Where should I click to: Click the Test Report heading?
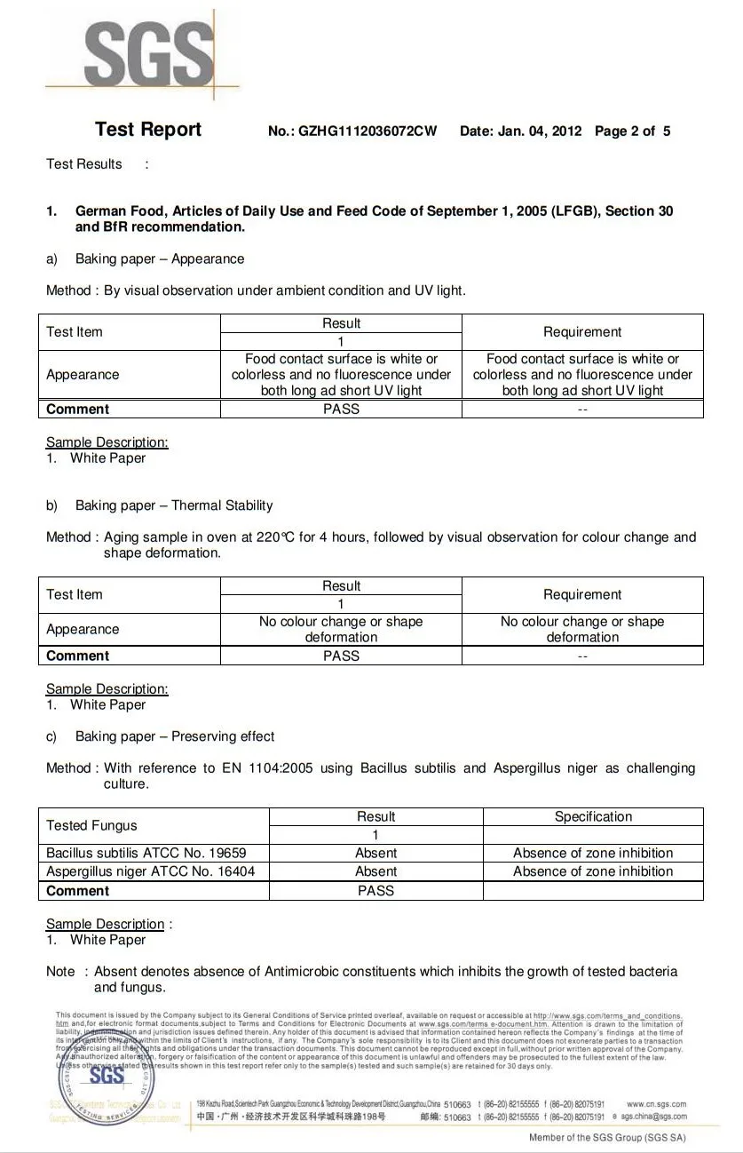point(148,130)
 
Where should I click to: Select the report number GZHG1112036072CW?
point(368,131)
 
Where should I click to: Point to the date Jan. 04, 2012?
point(540,131)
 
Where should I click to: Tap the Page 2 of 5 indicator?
point(633,131)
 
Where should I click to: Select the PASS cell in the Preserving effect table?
point(375,890)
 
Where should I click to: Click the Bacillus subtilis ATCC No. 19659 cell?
point(146,853)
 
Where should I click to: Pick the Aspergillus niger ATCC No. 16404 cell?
point(151,871)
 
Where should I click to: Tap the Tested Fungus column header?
point(91,825)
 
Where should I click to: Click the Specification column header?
point(593,816)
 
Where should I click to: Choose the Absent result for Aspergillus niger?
point(375,871)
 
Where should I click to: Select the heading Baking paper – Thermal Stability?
point(174,505)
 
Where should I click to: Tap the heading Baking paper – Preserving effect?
point(175,736)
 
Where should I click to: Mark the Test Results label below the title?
point(84,164)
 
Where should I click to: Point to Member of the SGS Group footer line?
point(607,1138)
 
